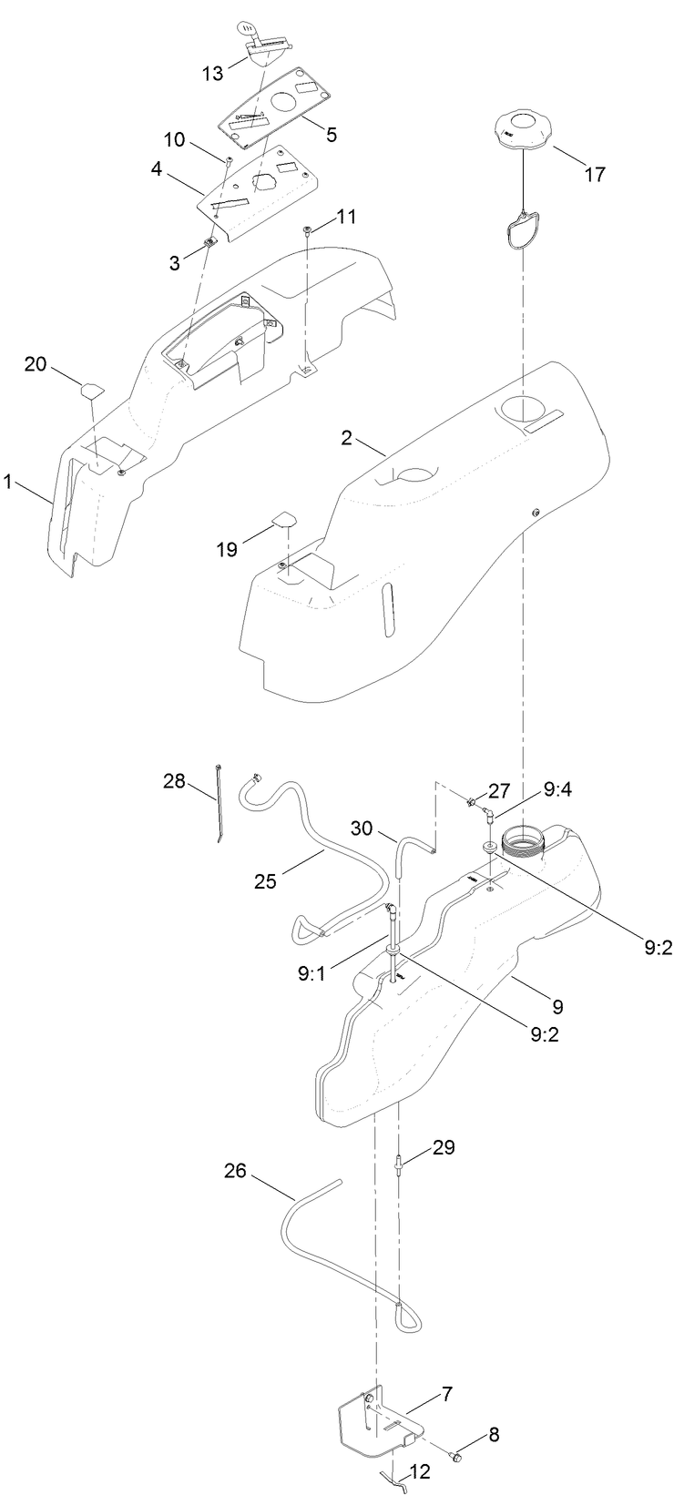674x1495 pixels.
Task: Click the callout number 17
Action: (594, 175)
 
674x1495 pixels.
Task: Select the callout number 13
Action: (212, 73)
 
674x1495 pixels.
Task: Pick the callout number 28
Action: (175, 780)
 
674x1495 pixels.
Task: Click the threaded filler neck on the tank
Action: (521, 839)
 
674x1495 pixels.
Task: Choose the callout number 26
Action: (236, 1169)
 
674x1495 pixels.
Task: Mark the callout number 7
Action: (447, 1393)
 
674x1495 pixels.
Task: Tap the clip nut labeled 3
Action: (209, 242)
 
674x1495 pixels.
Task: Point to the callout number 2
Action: (346, 438)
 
